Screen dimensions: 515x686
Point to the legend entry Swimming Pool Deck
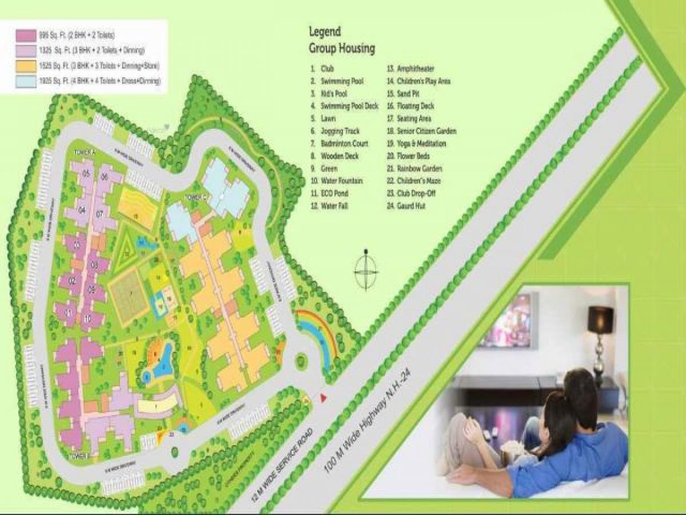point(349,106)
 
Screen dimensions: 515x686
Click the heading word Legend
point(325,32)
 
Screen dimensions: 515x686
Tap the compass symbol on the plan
point(366,270)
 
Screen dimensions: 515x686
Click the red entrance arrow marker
point(323,397)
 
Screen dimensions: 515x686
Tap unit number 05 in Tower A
point(86,174)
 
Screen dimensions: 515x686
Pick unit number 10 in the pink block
point(86,318)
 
